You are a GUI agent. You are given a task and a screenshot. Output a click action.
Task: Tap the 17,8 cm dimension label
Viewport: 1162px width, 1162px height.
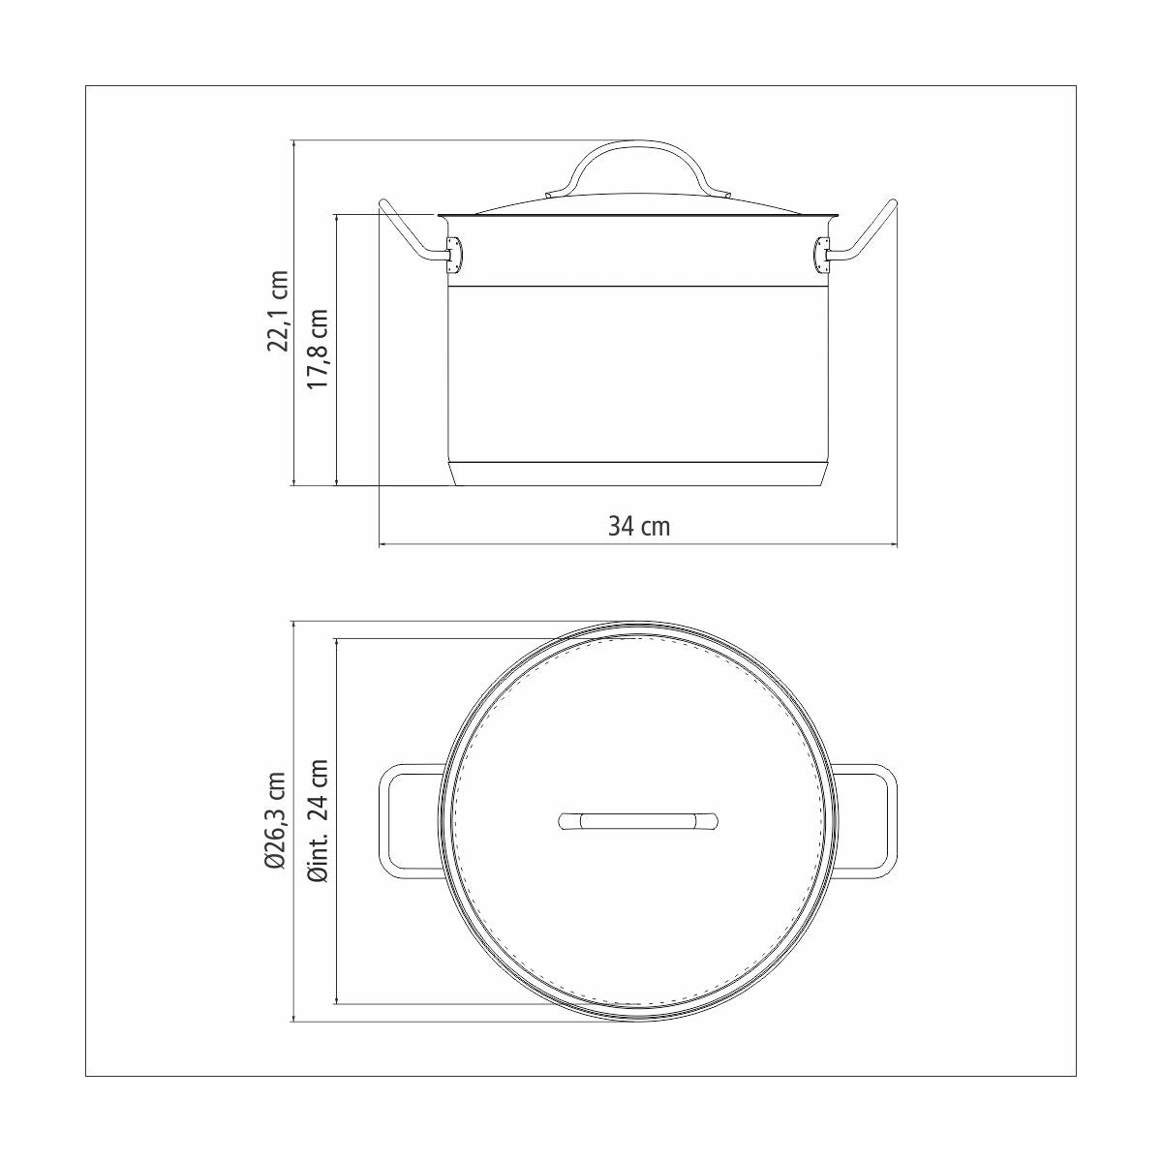point(319,350)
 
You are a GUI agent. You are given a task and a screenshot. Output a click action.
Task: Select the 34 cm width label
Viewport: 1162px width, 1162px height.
point(638,526)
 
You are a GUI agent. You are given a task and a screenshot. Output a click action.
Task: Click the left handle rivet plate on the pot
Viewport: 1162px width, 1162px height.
point(454,254)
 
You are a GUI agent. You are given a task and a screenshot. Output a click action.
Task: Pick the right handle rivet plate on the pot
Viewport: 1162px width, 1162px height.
point(821,254)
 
